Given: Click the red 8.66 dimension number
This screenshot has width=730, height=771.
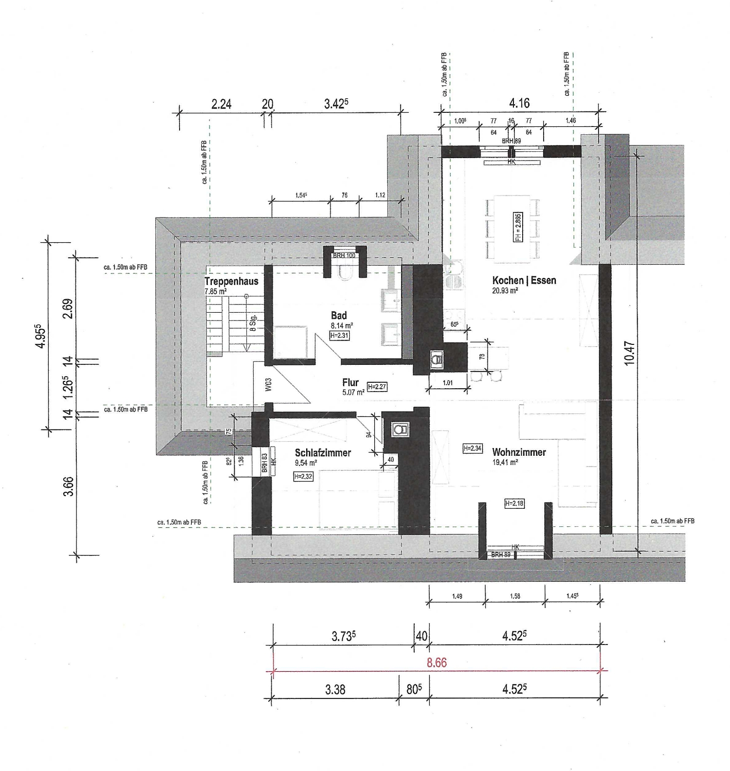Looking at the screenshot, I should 437,663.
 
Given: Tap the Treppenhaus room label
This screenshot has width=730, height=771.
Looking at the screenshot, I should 231,282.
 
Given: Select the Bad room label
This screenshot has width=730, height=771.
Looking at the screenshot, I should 339,316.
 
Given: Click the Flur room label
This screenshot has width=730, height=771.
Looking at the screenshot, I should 350,382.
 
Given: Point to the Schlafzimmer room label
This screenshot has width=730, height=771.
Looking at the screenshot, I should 323,452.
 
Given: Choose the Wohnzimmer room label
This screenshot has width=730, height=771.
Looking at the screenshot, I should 519,452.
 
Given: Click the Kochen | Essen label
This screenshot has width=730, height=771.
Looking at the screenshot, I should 524,280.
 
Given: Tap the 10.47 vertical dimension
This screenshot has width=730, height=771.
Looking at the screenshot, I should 629,353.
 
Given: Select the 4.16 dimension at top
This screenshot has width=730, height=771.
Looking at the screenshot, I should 519,103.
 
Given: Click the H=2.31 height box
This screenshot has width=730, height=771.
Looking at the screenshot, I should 340,335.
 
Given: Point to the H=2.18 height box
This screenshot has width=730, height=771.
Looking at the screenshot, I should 514,503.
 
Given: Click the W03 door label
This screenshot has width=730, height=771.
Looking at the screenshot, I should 268,384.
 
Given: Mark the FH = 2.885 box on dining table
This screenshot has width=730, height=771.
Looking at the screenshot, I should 518,227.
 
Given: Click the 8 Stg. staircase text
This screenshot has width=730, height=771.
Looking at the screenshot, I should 253,323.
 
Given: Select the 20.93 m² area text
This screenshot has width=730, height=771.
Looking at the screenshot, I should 505,290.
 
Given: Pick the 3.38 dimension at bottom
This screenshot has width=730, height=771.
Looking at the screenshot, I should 335,690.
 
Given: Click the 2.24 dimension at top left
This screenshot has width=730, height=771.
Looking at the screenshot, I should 221,104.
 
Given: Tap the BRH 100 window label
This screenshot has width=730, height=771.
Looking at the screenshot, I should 344,255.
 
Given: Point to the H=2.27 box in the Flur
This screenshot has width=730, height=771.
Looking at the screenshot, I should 377,387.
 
